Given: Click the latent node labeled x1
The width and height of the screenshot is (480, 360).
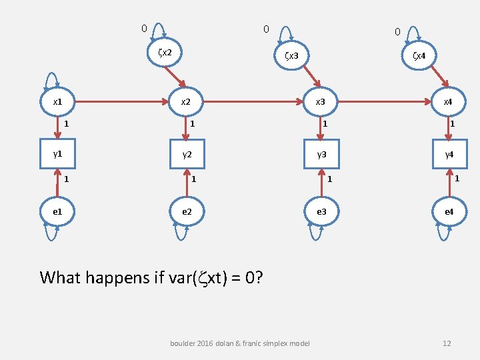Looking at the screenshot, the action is click(x=57, y=103).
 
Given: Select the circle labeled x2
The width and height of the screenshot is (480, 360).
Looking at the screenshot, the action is click(x=187, y=103).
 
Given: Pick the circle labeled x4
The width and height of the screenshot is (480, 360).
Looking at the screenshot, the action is click(x=448, y=103).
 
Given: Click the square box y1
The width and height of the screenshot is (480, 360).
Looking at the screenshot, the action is click(x=57, y=155).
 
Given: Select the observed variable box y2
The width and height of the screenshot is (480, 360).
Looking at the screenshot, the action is click(x=187, y=155).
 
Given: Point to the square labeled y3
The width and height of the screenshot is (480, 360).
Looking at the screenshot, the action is click(x=321, y=155).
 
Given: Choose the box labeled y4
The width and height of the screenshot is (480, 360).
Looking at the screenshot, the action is click(x=449, y=155).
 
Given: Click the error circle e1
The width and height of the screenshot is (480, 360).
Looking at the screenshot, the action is click(x=57, y=211).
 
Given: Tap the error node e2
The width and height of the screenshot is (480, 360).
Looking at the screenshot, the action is click(x=187, y=211).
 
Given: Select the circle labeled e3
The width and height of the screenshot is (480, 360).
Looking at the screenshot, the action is click(x=321, y=211).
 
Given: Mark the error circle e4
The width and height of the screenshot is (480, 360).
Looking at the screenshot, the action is click(x=449, y=211).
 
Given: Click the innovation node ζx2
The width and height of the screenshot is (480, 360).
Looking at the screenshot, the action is click(x=164, y=52).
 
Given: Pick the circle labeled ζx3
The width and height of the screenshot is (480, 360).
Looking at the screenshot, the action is click(x=294, y=56).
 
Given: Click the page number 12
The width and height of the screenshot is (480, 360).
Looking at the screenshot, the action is click(x=447, y=343).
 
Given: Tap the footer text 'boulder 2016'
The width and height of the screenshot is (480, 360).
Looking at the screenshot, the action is click(x=194, y=343).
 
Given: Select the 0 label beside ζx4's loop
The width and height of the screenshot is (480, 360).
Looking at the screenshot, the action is click(x=397, y=31).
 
